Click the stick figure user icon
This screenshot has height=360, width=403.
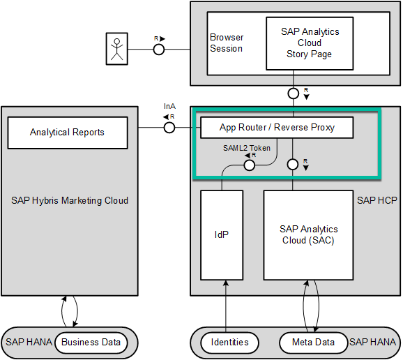[117, 49]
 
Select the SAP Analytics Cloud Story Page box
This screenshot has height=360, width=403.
[310, 43]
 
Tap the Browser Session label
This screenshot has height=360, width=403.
[227, 43]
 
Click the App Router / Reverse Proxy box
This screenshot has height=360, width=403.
[277, 128]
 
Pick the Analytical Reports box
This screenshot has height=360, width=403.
[68, 133]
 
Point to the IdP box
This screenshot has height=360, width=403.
[222, 235]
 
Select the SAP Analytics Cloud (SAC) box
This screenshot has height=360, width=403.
[308, 235]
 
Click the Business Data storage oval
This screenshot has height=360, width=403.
[91, 343]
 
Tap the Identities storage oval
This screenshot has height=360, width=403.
[229, 343]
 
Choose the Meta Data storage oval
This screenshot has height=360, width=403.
[313, 343]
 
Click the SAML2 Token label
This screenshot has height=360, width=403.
[247, 148]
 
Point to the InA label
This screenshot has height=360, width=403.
[169, 106]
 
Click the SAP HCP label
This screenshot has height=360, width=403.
[377, 200]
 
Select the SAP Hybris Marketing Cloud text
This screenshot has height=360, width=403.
[70, 200]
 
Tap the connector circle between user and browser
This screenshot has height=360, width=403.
[159, 50]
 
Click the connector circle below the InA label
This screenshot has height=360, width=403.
[169, 128]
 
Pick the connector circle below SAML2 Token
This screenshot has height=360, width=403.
[250, 165]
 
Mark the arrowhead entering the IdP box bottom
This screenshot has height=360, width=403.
[226, 283]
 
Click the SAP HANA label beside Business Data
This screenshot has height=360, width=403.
[29, 343]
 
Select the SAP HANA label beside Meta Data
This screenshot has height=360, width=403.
[373, 343]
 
